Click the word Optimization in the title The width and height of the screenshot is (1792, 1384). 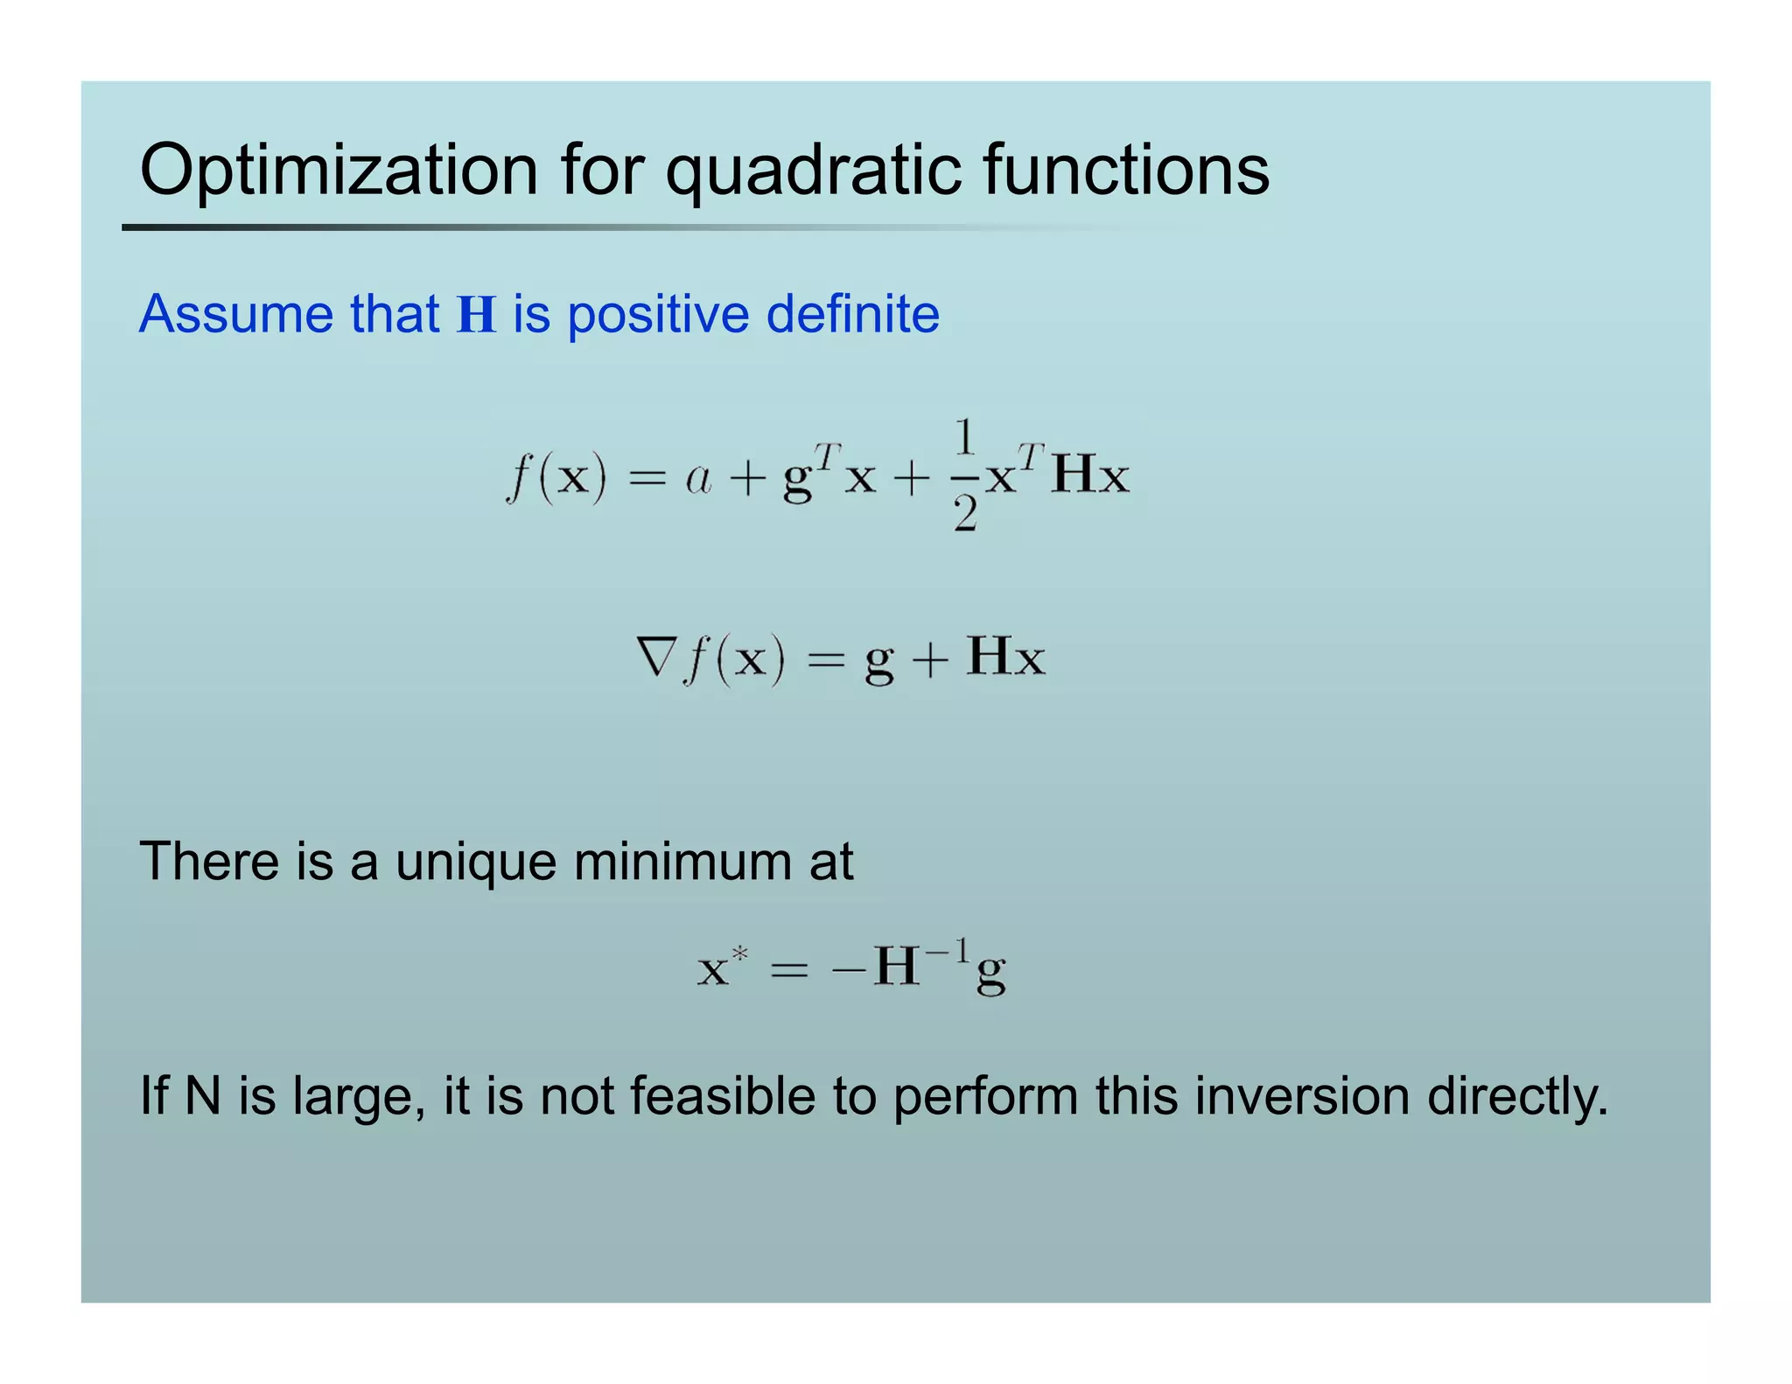(339, 170)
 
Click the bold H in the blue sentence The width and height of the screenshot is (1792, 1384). (477, 315)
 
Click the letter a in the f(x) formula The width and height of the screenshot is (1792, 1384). (698, 479)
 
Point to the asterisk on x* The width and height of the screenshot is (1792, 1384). (740, 954)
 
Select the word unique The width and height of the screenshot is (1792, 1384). (475, 863)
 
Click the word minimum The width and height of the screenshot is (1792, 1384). (682, 861)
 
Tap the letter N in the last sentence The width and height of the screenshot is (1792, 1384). (202, 1095)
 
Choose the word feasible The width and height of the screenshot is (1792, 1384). (722, 1095)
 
